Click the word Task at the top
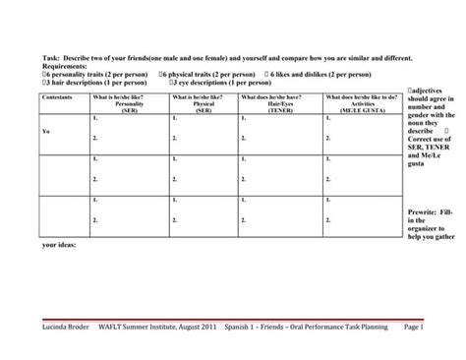pyautogui.click(x=49, y=58)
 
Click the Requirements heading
pyautogui.click(x=66, y=66)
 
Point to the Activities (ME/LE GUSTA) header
pyautogui.click(x=361, y=103)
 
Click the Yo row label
pyautogui.click(x=46, y=131)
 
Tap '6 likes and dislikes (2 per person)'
pyautogui.click(x=315, y=74)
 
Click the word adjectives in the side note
pyautogui.click(x=426, y=90)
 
